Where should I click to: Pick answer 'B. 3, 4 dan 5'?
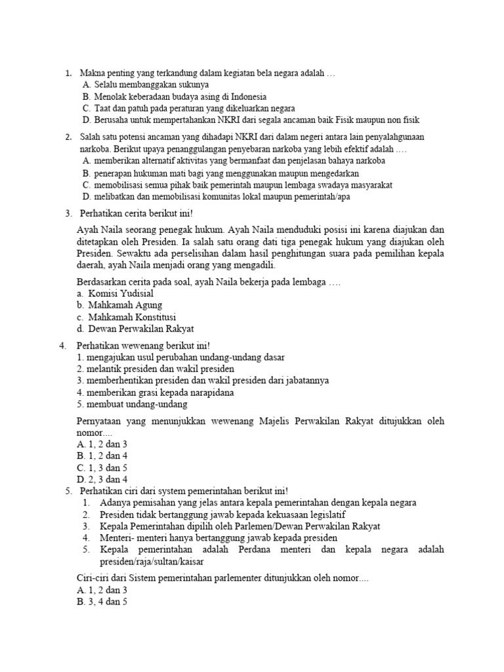click(x=102, y=600)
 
